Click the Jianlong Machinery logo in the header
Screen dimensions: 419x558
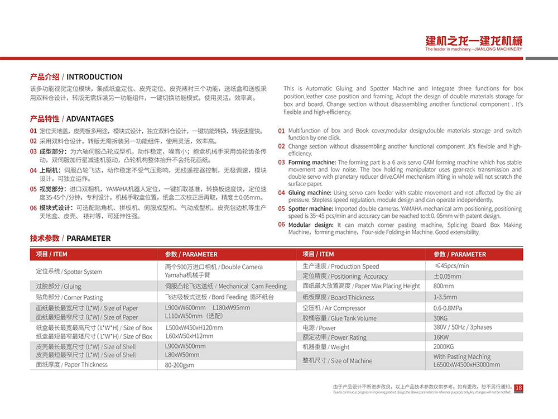[474, 43]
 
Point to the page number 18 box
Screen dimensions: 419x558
[518, 388]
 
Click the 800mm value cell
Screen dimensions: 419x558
[444, 286]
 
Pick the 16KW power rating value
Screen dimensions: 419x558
[441, 337]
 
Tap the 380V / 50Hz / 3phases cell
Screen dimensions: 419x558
[463, 327]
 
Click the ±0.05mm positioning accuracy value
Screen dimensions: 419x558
[448, 276]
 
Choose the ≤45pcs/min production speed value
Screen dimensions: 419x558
[451, 266]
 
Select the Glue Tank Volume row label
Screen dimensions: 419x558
[340, 318]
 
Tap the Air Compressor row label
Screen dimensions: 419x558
[334, 308]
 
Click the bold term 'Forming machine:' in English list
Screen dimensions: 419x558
[312, 163]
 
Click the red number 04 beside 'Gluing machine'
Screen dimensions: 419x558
[281, 193]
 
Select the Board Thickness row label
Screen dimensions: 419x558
[338, 297]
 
